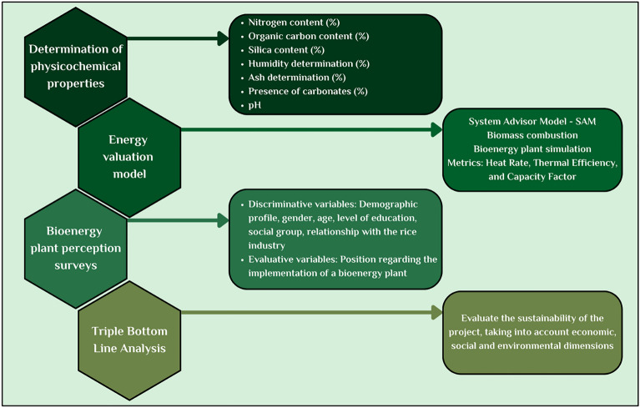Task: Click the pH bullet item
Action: pyautogui.click(x=254, y=105)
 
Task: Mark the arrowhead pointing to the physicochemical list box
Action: pyautogui.click(x=223, y=38)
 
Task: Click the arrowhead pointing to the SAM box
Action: pyautogui.click(x=436, y=129)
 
